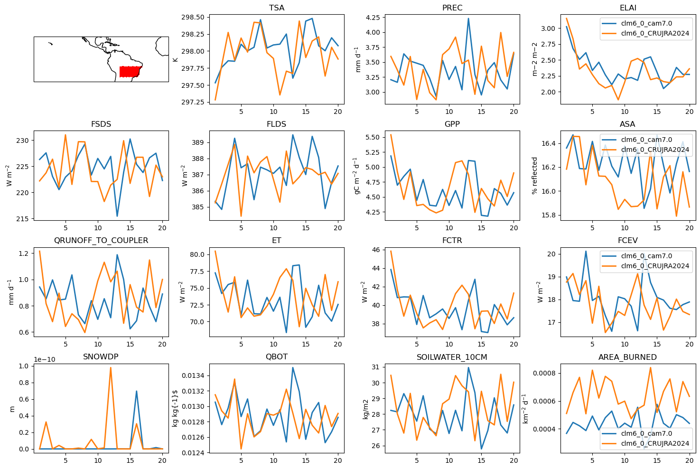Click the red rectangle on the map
coord(131,72)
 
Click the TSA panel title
coord(277,8)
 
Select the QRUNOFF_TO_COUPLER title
coord(101,241)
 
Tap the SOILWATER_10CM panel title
coord(452,357)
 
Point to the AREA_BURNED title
coord(627,357)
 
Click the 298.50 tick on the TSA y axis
coord(193,17)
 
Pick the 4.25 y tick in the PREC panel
coord(373,18)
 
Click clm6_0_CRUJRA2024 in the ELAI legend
coord(655,33)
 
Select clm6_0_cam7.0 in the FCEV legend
coord(646,256)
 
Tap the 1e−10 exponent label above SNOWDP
coord(45,359)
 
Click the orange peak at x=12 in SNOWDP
coord(111,368)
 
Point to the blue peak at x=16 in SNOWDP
coord(137,391)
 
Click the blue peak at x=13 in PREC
coord(468,19)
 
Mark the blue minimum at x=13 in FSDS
coord(117,216)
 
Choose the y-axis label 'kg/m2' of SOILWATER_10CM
coord(366,410)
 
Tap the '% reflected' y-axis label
coord(534,176)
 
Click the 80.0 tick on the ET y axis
coord(197,255)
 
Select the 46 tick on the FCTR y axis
coord(376,250)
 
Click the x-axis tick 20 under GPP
coord(514,228)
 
